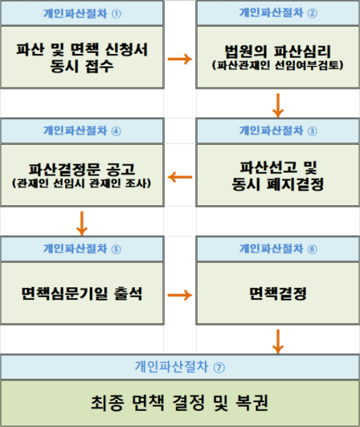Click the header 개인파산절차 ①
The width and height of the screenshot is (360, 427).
point(82,14)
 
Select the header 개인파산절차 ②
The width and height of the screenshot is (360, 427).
point(278,13)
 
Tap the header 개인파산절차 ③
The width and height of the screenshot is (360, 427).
point(278,131)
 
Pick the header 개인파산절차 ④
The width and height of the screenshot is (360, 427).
point(82,131)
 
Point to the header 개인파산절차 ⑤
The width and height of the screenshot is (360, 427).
point(82,249)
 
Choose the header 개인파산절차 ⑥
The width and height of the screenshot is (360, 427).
point(278,249)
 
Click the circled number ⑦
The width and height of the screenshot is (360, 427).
point(219,367)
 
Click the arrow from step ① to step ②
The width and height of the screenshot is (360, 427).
point(180,59)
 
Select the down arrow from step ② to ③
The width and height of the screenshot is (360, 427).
point(278,105)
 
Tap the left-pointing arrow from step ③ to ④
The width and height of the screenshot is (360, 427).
point(180,177)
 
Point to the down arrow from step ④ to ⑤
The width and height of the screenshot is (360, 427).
point(82,223)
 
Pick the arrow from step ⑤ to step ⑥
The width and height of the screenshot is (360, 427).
point(180,295)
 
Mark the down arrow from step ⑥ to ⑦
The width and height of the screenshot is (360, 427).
point(278,342)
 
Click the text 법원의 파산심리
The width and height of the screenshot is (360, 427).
point(278,52)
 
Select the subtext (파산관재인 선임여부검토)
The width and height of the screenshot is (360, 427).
point(278,65)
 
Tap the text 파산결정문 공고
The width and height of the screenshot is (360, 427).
point(82,169)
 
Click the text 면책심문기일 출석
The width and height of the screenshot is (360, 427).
point(82,294)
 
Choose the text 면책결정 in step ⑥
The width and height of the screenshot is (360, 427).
point(278,294)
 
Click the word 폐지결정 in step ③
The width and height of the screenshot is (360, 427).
point(295,184)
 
